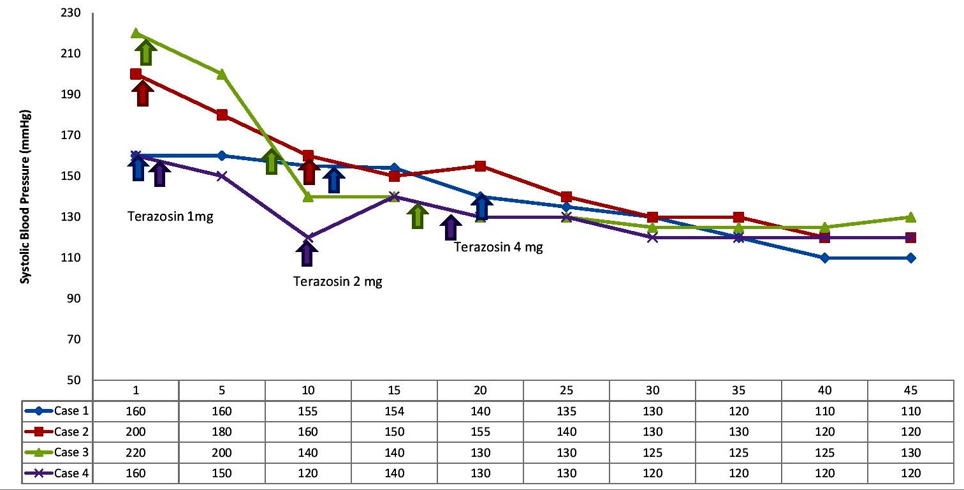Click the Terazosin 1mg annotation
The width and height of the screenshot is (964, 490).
tap(170, 216)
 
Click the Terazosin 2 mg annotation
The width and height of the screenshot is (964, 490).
tap(338, 281)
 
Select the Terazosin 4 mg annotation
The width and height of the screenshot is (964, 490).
tap(499, 248)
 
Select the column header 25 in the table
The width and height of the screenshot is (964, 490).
tap(566, 390)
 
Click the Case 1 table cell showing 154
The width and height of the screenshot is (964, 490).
tap(394, 412)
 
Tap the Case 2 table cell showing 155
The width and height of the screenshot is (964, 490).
tap(480, 432)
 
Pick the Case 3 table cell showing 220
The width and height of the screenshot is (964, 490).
tap(136, 452)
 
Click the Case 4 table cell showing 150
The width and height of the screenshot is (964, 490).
tap(222, 473)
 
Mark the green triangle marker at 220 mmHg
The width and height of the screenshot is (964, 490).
tap(136, 33)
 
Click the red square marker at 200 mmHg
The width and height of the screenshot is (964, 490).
tap(136, 74)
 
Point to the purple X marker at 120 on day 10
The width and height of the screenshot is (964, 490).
tap(308, 237)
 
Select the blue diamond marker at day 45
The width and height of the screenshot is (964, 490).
tap(910, 258)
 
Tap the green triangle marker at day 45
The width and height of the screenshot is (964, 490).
tap(910, 217)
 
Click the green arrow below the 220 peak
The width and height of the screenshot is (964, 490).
tap(145, 52)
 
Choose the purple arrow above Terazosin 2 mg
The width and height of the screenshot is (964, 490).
tap(307, 254)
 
